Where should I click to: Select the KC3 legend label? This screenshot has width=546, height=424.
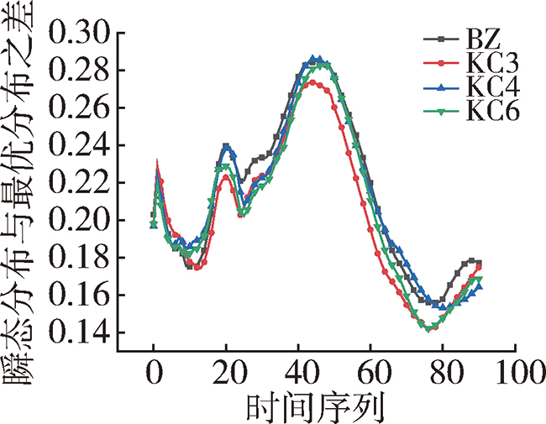tap(491, 63)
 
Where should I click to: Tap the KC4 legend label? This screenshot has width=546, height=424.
tap(491, 87)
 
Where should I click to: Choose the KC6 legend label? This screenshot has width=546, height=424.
tap(491, 112)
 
